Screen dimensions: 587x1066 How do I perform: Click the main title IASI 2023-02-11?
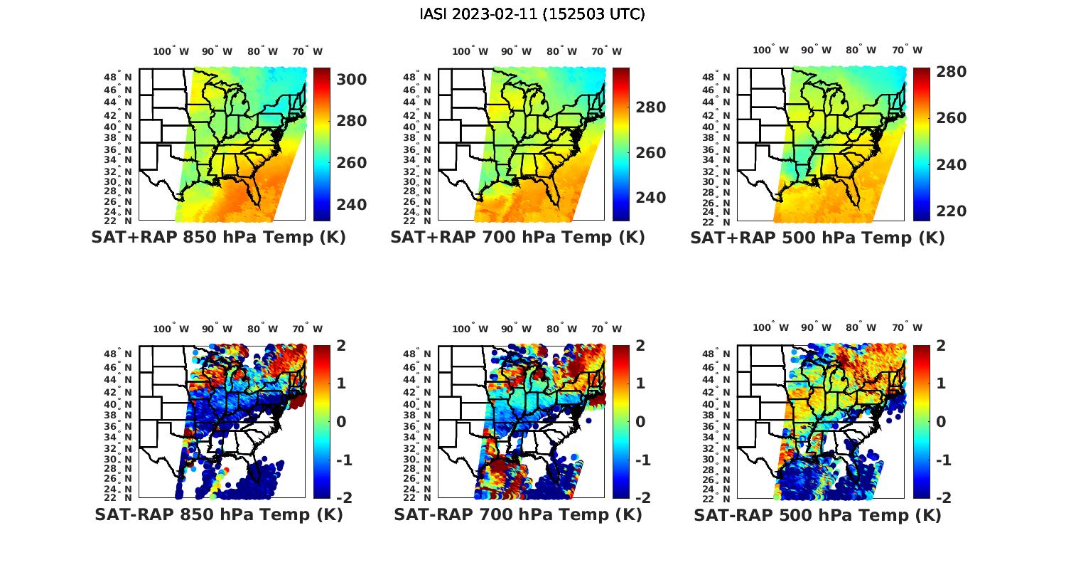(532, 14)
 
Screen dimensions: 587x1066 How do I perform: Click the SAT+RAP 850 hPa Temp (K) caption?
(218, 237)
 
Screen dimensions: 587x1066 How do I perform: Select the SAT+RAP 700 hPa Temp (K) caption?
(517, 237)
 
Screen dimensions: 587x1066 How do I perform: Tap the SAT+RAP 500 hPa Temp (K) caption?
(817, 238)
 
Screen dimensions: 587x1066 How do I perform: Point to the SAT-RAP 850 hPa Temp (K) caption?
(218, 514)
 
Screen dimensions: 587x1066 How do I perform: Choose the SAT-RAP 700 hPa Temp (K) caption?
(517, 514)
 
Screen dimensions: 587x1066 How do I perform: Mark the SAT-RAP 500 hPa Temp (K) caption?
(817, 515)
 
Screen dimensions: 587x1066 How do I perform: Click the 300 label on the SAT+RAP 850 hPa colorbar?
(351, 79)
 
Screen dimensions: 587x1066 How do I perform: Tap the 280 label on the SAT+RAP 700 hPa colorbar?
(650, 107)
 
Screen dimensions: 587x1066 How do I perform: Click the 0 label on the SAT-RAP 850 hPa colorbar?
(340, 421)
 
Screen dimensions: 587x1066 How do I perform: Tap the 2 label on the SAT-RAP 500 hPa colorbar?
(941, 345)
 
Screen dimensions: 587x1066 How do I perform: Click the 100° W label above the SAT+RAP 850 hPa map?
(171, 51)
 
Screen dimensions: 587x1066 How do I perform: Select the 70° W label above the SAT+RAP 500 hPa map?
(907, 50)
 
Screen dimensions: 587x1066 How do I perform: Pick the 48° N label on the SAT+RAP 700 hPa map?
(417, 78)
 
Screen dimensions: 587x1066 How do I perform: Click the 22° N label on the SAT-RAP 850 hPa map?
(118, 497)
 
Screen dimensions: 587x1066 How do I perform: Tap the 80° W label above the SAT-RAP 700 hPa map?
(562, 329)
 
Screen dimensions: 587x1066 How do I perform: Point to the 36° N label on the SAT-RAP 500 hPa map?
(716, 427)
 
